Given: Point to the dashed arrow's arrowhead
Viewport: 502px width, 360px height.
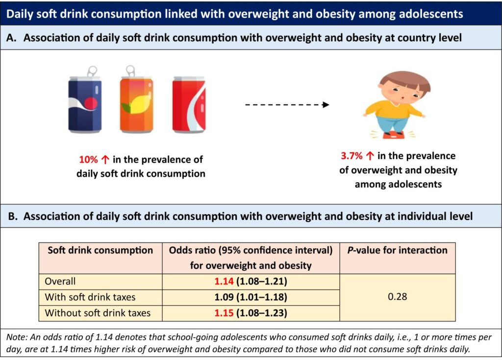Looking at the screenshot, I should [x=325, y=104].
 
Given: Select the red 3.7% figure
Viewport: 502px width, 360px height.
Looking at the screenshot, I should [x=351, y=156].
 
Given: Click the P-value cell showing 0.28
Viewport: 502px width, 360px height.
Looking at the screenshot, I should [x=398, y=297].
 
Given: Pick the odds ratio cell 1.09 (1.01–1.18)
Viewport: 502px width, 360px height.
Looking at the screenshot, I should [x=251, y=297].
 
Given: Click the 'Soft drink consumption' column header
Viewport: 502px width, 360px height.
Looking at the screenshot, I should [x=100, y=250].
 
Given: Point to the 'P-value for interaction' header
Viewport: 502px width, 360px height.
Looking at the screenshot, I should [x=398, y=250].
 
